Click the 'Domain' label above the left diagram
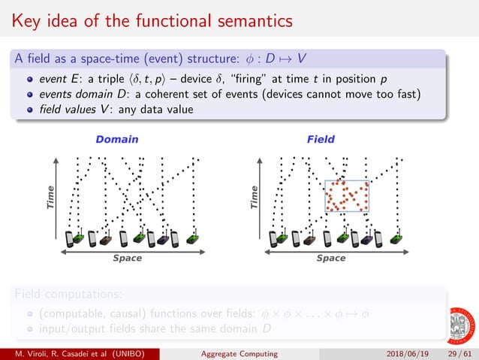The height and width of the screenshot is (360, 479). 116,139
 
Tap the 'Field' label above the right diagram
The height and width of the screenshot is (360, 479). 321,139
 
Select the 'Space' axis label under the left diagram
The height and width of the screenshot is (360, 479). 127,258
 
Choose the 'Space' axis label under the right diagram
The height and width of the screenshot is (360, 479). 331,258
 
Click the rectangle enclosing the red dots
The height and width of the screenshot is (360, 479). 347,195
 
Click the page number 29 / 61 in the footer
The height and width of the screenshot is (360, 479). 457,352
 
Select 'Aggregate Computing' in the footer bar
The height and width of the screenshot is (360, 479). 241,352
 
